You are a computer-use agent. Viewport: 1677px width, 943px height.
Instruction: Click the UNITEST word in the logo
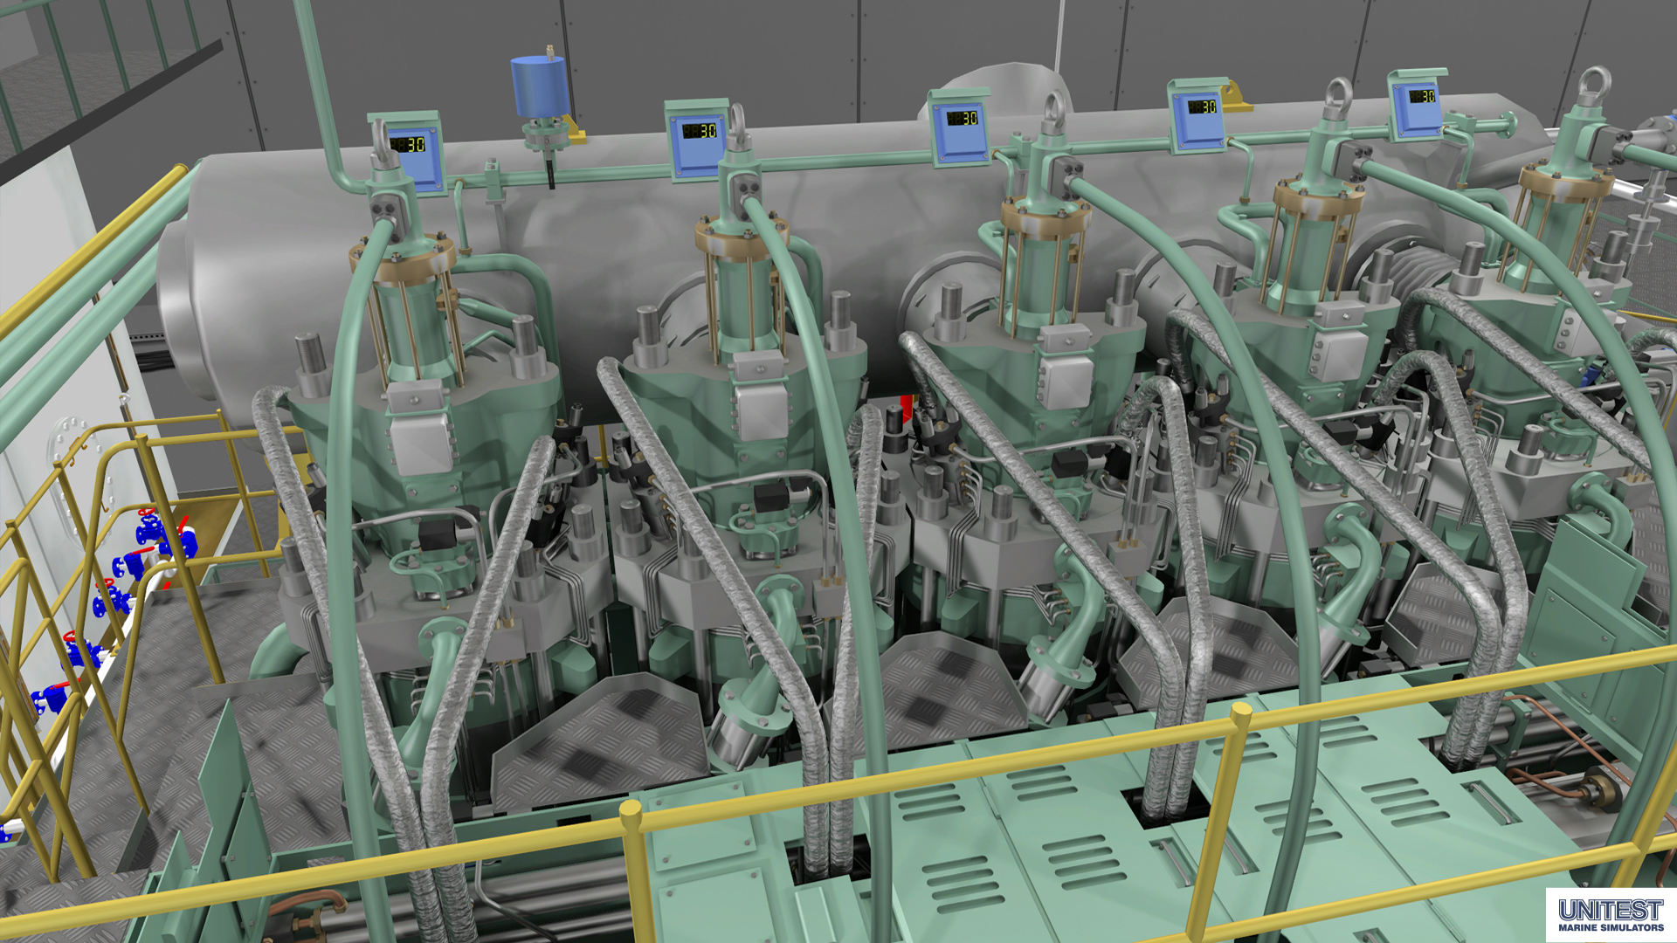pos(1611,910)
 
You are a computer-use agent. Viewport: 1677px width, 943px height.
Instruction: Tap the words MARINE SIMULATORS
pos(1611,927)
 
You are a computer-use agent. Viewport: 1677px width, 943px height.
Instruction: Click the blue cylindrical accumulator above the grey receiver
pos(539,86)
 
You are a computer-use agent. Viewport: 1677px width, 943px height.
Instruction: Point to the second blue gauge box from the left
pos(697,138)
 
